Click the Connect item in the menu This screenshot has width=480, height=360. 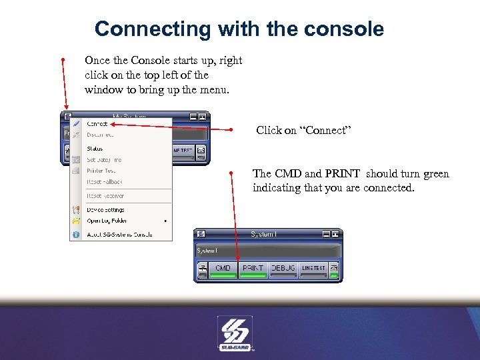97,124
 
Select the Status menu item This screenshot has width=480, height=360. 95,149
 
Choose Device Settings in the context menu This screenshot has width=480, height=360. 105,210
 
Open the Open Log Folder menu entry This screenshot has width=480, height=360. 107,221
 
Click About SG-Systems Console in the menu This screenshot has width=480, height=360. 119,235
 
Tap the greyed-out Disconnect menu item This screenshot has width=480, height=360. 100,135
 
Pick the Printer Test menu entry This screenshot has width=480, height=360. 101,171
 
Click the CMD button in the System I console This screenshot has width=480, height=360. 223,269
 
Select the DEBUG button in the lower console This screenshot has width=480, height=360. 283,269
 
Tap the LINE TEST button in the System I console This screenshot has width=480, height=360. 313,269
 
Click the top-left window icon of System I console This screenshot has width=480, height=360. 201,234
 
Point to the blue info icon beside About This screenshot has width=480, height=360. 76,235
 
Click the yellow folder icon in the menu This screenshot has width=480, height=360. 76,221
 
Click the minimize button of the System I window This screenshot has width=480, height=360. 325,234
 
